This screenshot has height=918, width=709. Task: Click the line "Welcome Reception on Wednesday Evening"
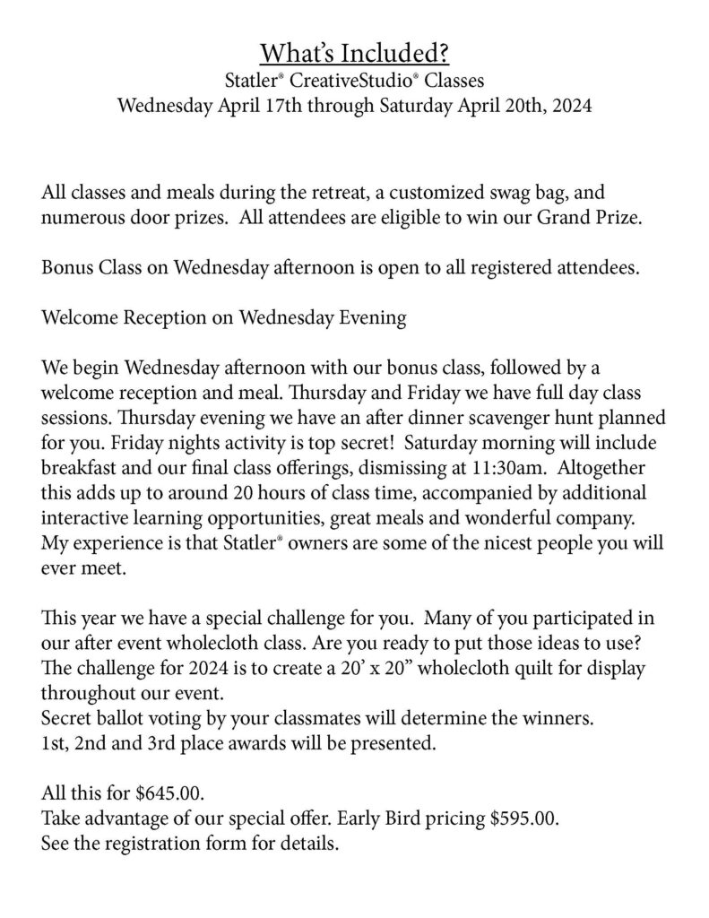coord(224,319)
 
